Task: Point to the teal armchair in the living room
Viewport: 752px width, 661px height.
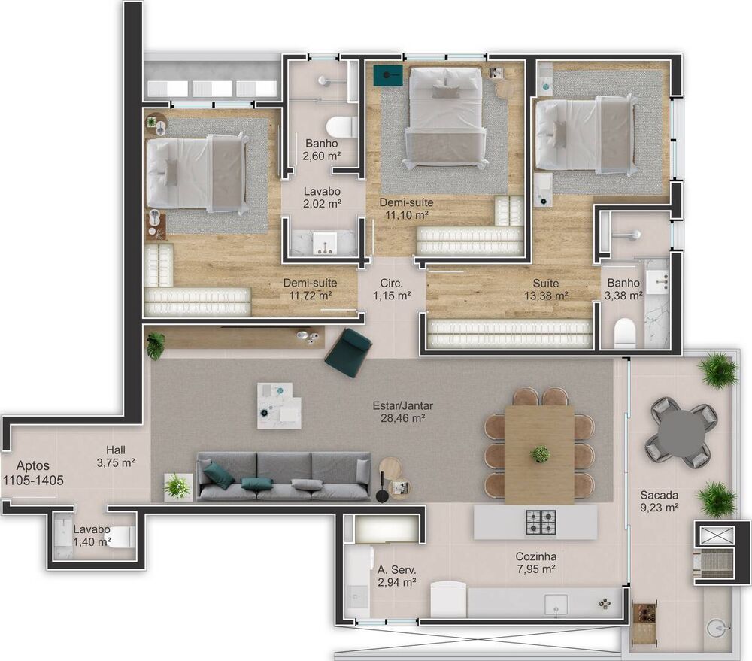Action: (348, 352)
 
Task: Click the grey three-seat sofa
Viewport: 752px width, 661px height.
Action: (284, 476)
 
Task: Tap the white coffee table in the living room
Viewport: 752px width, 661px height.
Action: (279, 405)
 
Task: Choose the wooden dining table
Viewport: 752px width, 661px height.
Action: (539, 453)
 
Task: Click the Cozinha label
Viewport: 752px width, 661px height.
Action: (535, 556)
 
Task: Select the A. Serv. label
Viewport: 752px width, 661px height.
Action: (397, 569)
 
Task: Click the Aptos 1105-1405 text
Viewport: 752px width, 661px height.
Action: (32, 473)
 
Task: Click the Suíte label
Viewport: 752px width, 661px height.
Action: (546, 283)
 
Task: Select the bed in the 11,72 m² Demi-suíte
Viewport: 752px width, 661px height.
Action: (197, 172)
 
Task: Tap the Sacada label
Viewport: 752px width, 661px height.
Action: (660, 495)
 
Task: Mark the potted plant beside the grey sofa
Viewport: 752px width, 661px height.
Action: (178, 487)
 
